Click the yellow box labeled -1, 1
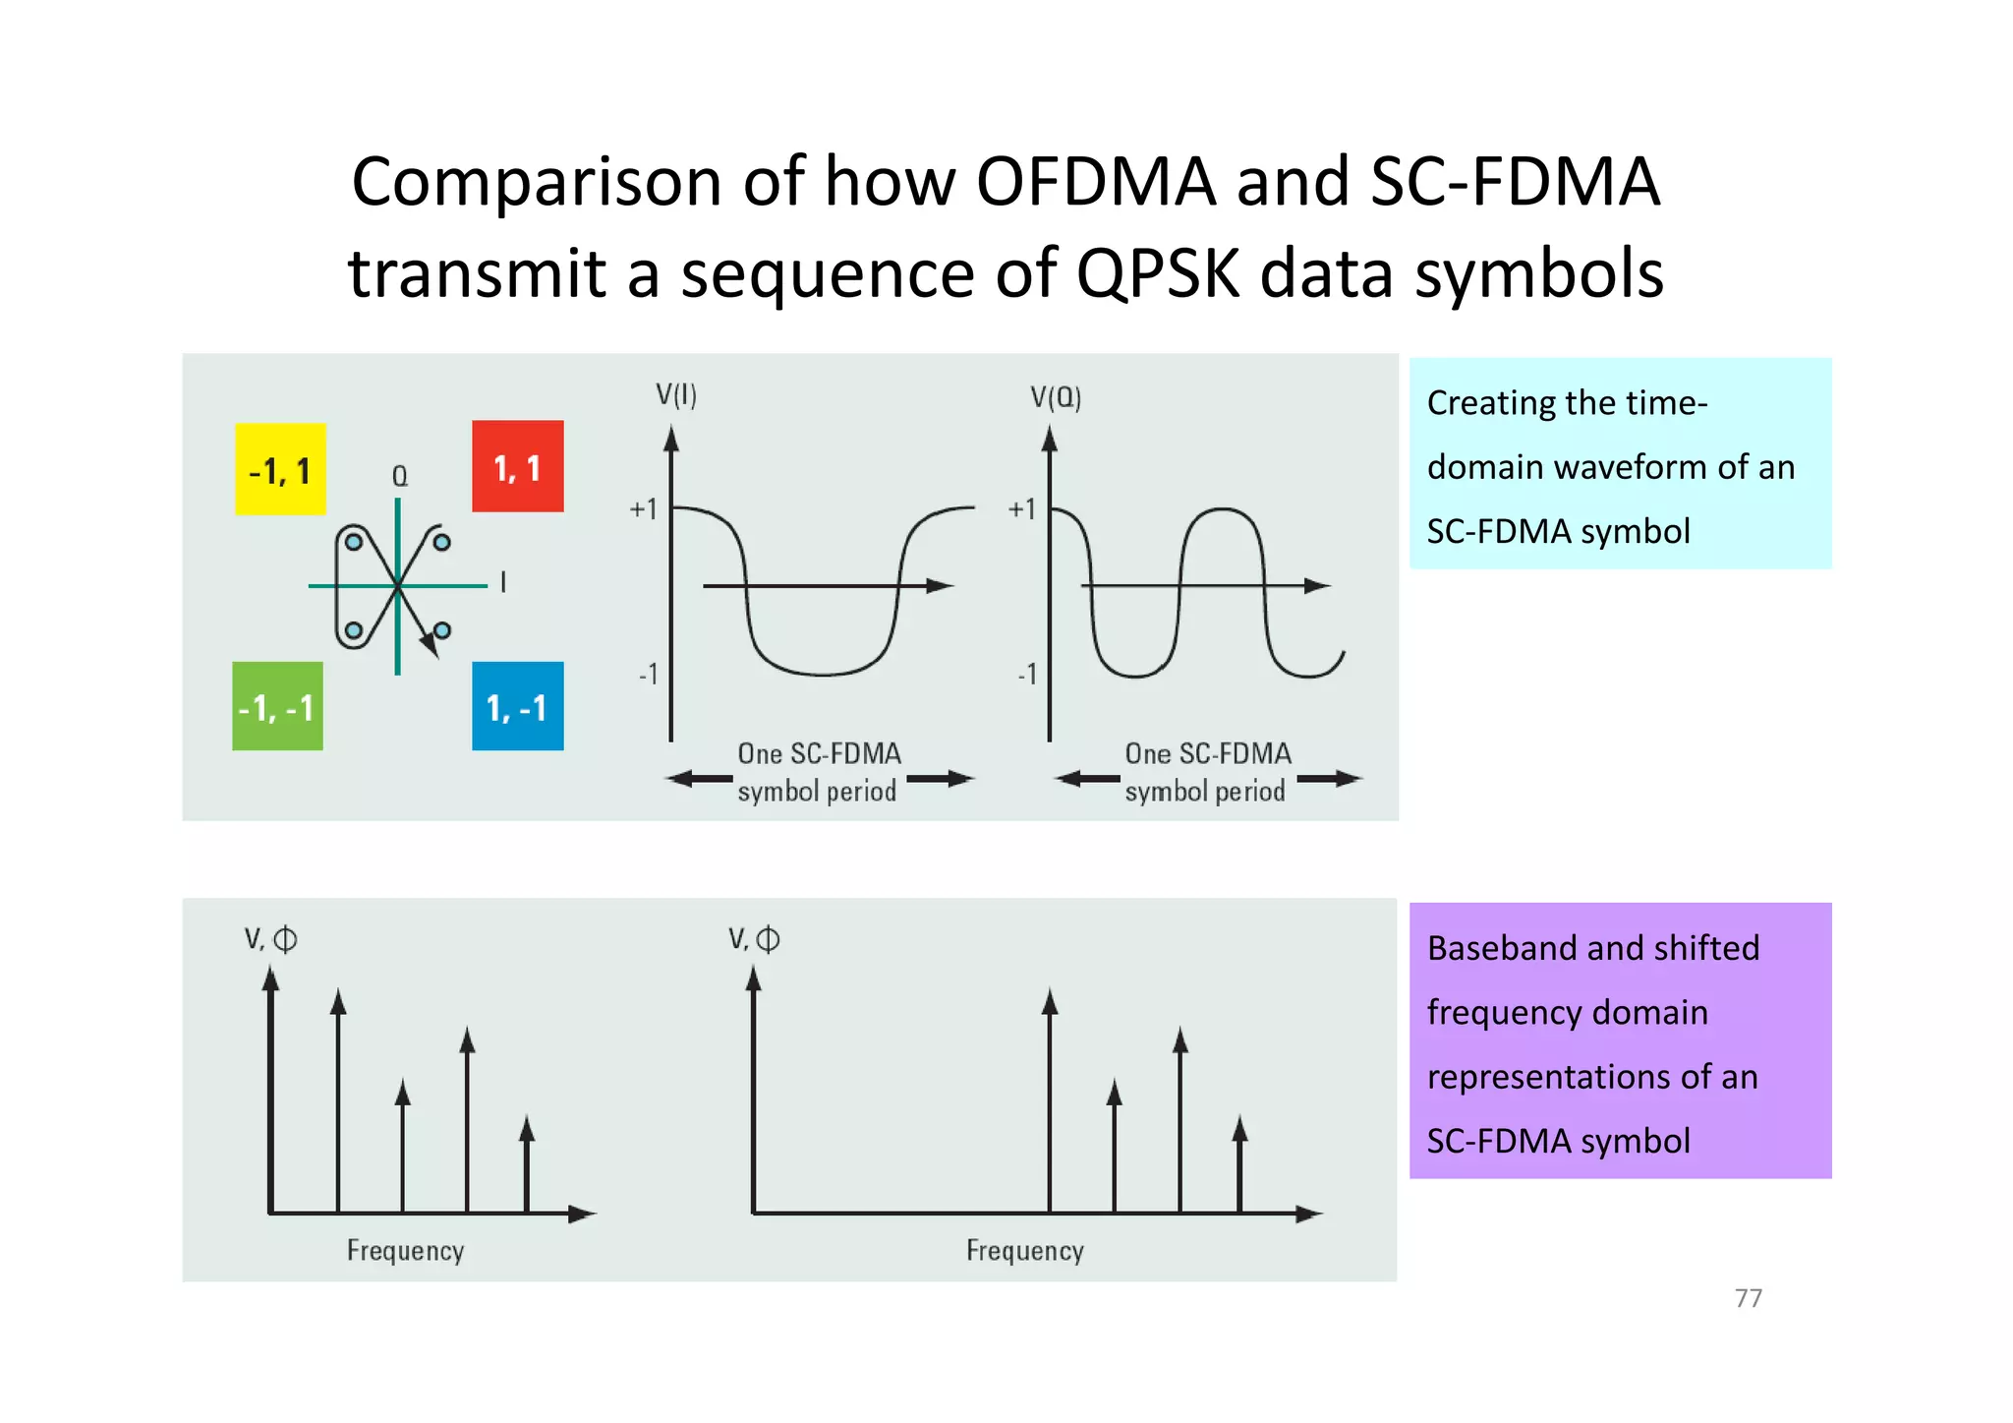[280, 469]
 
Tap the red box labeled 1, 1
[518, 466]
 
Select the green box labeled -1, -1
[277, 706]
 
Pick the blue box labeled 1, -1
[518, 706]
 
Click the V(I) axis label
[676, 395]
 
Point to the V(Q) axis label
[1056, 397]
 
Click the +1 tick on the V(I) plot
[644, 508]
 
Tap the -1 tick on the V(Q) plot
[1027, 674]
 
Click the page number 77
[1749, 1298]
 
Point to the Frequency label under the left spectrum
[405, 1250]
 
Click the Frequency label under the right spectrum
[1024, 1250]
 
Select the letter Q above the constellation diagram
[400, 476]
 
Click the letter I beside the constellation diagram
[503, 582]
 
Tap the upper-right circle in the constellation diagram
[442, 542]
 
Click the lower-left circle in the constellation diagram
[354, 630]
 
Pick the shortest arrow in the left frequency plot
[527, 1165]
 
